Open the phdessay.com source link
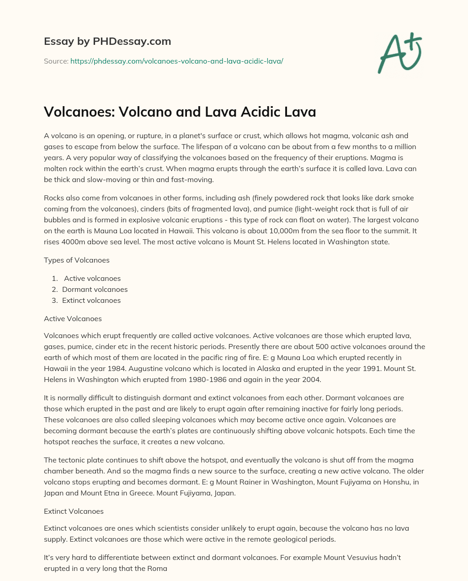(x=177, y=61)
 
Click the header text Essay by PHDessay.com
(x=107, y=42)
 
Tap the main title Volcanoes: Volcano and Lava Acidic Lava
(x=180, y=112)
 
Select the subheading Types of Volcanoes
(x=77, y=260)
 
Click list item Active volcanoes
(x=92, y=279)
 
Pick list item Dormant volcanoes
(x=95, y=290)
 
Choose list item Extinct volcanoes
(x=91, y=301)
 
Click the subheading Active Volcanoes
(x=73, y=318)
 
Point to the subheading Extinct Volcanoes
(x=74, y=511)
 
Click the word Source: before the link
(x=56, y=61)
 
